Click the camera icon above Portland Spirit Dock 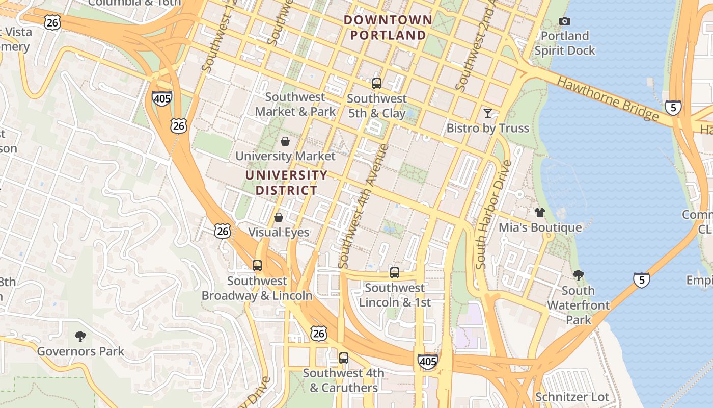point(564,21)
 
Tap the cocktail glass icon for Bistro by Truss point(488,113)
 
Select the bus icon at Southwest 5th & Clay point(377,84)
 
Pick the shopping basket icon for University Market point(285,141)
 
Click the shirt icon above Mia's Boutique point(540,212)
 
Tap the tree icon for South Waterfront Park point(578,275)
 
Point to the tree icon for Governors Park point(80,336)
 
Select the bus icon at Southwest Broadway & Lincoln point(257,266)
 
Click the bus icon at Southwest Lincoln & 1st point(395,273)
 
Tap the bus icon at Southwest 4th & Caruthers point(344,358)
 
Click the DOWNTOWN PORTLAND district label point(388,28)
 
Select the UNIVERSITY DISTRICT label point(286,183)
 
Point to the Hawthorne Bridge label point(608,98)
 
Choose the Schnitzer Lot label point(572,397)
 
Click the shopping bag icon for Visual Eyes point(279,217)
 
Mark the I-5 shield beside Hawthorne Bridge point(673,108)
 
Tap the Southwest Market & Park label point(295,104)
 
